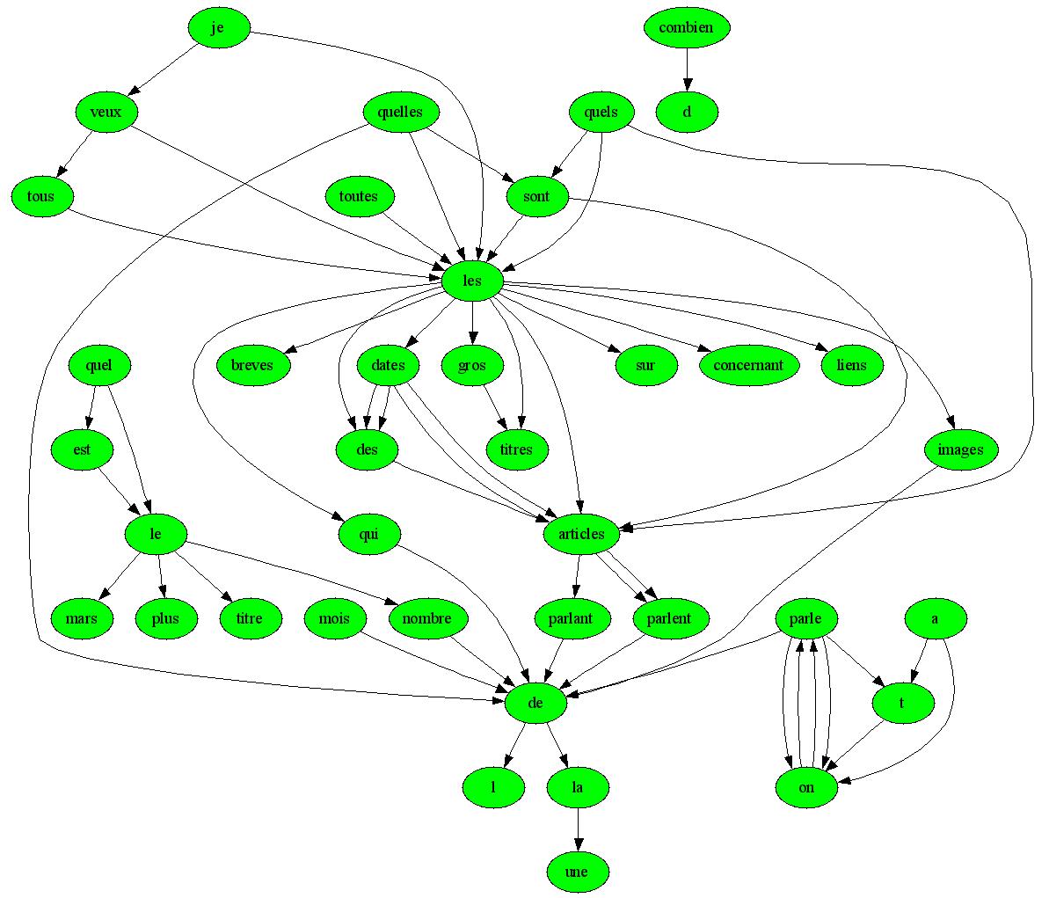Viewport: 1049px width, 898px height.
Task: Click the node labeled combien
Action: (x=687, y=27)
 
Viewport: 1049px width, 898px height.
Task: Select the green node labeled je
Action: (x=219, y=28)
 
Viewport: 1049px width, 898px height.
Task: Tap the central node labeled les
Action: (x=472, y=281)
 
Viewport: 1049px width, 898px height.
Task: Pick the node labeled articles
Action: (x=581, y=534)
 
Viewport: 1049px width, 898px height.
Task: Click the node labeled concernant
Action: (x=749, y=365)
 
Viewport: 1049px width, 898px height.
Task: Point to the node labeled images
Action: (x=960, y=449)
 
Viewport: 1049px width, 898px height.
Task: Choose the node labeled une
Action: (x=577, y=872)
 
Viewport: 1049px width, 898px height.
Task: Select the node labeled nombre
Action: (x=426, y=618)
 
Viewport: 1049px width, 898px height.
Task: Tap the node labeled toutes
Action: (x=358, y=196)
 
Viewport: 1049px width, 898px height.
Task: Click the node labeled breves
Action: (x=252, y=365)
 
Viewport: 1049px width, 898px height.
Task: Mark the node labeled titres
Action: (x=516, y=449)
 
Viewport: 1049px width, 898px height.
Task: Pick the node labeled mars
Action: (x=82, y=618)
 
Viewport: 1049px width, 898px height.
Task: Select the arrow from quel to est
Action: (x=91, y=407)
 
